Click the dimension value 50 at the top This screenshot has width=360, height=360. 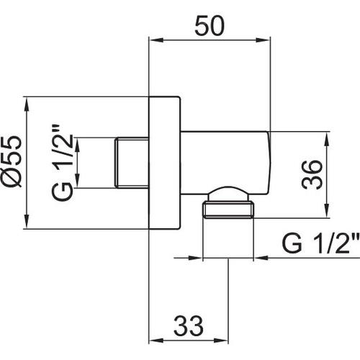(x=210, y=26)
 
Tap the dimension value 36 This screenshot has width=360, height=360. (x=312, y=174)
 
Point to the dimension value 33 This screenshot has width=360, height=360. (x=189, y=326)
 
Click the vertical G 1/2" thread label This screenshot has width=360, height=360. (x=62, y=163)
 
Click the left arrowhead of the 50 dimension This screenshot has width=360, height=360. (x=156, y=40)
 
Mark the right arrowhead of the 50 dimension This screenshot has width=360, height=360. (x=263, y=40)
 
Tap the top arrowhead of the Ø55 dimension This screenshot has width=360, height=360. (x=27, y=104)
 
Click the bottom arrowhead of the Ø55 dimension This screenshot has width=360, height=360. (x=27, y=221)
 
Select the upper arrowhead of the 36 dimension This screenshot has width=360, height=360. (x=327, y=139)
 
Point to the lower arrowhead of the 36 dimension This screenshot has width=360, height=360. (x=327, y=211)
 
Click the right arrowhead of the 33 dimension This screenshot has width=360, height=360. (x=221, y=341)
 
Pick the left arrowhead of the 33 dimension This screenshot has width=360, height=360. (x=156, y=341)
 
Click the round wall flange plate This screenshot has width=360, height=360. (x=164, y=163)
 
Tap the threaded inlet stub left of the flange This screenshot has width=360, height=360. (x=132, y=163)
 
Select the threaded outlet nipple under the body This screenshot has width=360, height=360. (x=228, y=210)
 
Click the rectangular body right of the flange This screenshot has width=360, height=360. (x=225, y=163)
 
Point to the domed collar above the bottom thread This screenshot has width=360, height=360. (x=228, y=194)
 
